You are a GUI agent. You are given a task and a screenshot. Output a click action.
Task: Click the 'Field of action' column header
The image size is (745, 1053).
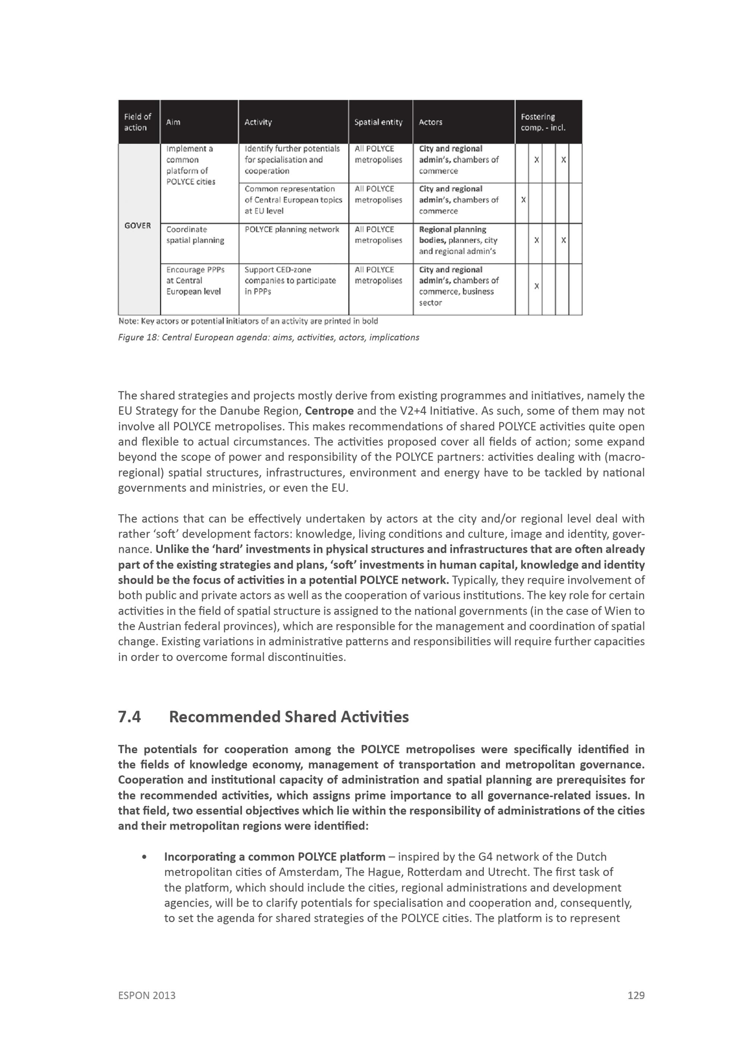(x=137, y=122)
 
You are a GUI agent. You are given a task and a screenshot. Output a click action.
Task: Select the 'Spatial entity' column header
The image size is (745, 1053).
(x=378, y=122)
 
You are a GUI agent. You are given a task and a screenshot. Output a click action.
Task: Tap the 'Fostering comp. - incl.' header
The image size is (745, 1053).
(x=543, y=122)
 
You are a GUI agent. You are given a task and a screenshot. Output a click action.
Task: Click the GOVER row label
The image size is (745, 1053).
(x=137, y=225)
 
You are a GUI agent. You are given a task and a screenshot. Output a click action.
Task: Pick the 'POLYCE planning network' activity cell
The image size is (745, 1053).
(x=292, y=229)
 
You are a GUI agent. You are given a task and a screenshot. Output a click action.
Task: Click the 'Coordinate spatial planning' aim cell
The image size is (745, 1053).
(x=195, y=235)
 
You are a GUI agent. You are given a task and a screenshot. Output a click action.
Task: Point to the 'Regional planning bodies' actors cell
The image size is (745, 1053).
(x=458, y=240)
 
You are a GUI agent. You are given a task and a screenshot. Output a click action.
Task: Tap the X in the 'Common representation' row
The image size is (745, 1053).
(x=523, y=200)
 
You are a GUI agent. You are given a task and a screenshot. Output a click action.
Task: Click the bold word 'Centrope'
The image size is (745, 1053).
(x=329, y=411)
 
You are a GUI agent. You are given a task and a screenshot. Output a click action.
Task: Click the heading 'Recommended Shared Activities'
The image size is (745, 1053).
(x=289, y=717)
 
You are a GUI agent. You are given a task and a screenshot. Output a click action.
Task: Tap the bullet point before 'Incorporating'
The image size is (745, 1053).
(x=145, y=857)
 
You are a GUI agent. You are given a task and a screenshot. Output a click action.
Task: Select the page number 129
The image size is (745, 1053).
(x=636, y=995)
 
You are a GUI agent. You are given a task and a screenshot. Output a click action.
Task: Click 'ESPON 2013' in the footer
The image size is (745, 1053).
(x=147, y=995)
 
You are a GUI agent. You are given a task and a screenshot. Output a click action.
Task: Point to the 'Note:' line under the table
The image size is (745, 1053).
(x=248, y=321)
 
